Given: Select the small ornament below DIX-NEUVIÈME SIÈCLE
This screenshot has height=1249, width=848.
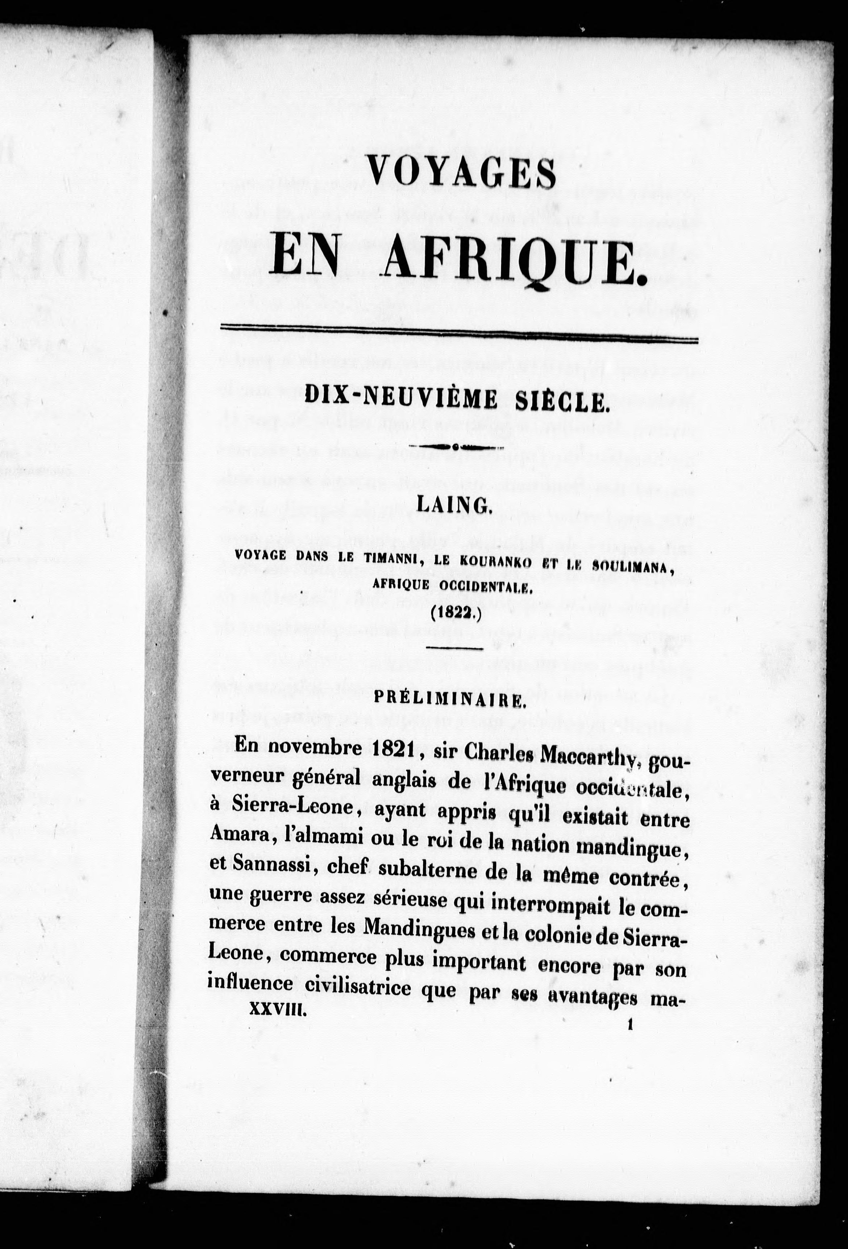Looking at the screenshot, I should tap(456, 447).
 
